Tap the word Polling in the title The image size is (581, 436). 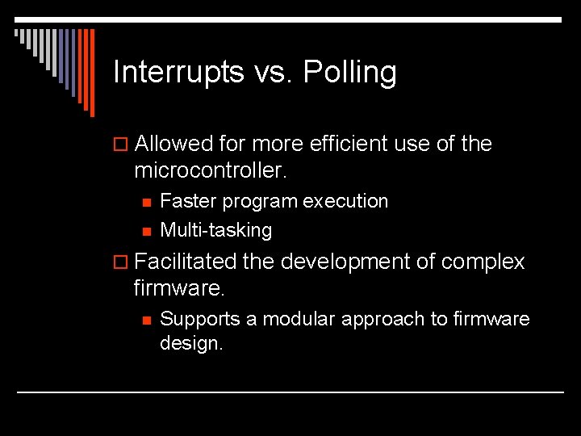[349, 73]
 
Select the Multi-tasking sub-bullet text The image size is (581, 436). [215, 230]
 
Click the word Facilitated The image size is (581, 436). [186, 262]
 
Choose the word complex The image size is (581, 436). [483, 262]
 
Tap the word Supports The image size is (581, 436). [200, 319]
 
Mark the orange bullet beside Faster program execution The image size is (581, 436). [145, 202]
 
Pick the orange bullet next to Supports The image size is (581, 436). [145, 320]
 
